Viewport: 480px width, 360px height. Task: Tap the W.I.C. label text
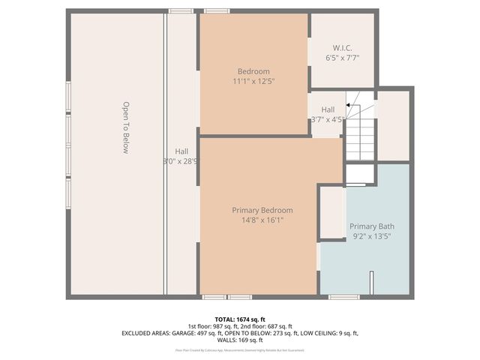[343, 46]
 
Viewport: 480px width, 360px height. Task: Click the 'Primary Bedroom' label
[262, 210]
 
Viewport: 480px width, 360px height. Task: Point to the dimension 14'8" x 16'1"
[262, 220]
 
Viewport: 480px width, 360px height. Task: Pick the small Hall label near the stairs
[328, 109]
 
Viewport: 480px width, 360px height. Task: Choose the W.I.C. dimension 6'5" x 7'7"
[343, 57]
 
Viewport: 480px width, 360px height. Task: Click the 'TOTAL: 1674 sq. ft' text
[239, 319]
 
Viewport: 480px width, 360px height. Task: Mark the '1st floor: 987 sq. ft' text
[211, 325]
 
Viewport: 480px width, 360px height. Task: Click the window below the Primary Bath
[344, 297]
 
